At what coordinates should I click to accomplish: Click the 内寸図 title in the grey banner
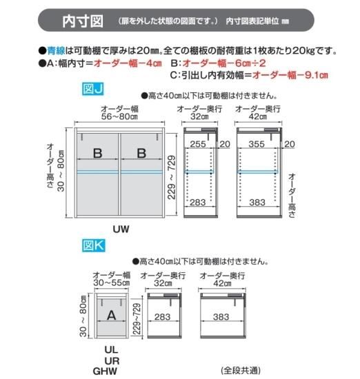click(x=83, y=21)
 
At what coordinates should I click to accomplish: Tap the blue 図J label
click(x=93, y=89)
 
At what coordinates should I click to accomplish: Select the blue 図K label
click(x=93, y=245)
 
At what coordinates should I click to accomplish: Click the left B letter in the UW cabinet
click(x=97, y=153)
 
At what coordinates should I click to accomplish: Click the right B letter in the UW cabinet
click(x=141, y=153)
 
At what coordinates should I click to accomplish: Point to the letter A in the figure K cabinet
click(x=111, y=315)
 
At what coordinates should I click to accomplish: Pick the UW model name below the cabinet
click(x=121, y=229)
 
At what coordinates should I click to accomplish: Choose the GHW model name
click(x=105, y=371)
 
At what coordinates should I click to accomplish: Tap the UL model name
click(x=111, y=350)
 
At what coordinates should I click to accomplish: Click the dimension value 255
click(x=198, y=144)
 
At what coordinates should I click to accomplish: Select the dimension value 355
click(x=257, y=144)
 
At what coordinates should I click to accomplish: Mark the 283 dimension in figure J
click(x=198, y=203)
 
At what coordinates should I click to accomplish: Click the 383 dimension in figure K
click(x=221, y=317)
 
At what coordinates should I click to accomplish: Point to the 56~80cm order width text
click(x=119, y=116)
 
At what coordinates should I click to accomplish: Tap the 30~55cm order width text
click(x=112, y=283)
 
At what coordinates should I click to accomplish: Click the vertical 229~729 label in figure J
click(x=172, y=177)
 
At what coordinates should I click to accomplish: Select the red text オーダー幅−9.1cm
click(x=290, y=75)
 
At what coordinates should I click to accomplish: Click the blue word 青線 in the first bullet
click(x=56, y=51)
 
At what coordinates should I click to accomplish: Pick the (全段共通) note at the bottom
click(x=241, y=371)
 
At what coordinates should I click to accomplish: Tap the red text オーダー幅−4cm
click(x=128, y=63)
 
